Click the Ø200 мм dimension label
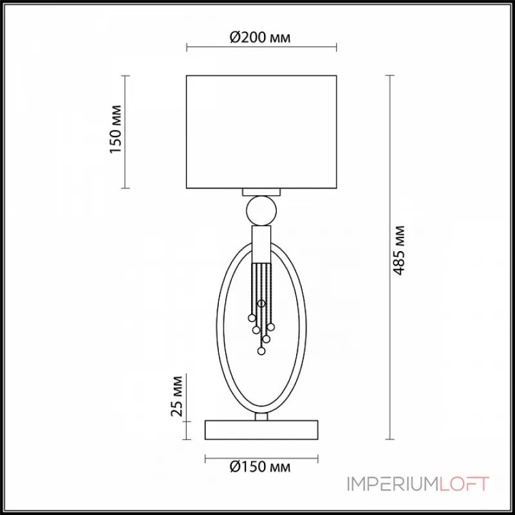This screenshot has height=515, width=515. point(260,37)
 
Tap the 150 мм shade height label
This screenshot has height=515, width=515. point(116,129)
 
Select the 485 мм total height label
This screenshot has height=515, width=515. point(398,250)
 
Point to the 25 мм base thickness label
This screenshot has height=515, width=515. point(176,396)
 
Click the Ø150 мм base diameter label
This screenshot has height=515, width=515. point(260,466)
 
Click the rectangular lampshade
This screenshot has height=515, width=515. point(261,132)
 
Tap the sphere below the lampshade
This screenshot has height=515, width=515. point(261,211)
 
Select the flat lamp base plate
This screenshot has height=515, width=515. point(261,429)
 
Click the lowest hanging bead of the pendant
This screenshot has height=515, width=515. point(261,351)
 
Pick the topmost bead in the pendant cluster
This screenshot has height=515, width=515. point(261,304)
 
